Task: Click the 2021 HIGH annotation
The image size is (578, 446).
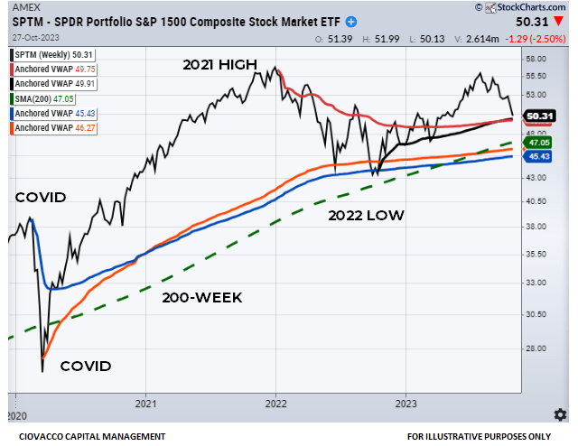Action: pos(220,65)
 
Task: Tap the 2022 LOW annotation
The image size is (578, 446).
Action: pos(365,215)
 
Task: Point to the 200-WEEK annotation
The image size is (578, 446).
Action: pos(202,297)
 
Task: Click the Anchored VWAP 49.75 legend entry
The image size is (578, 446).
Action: pos(51,70)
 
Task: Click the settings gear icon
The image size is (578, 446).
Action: pos(560,413)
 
